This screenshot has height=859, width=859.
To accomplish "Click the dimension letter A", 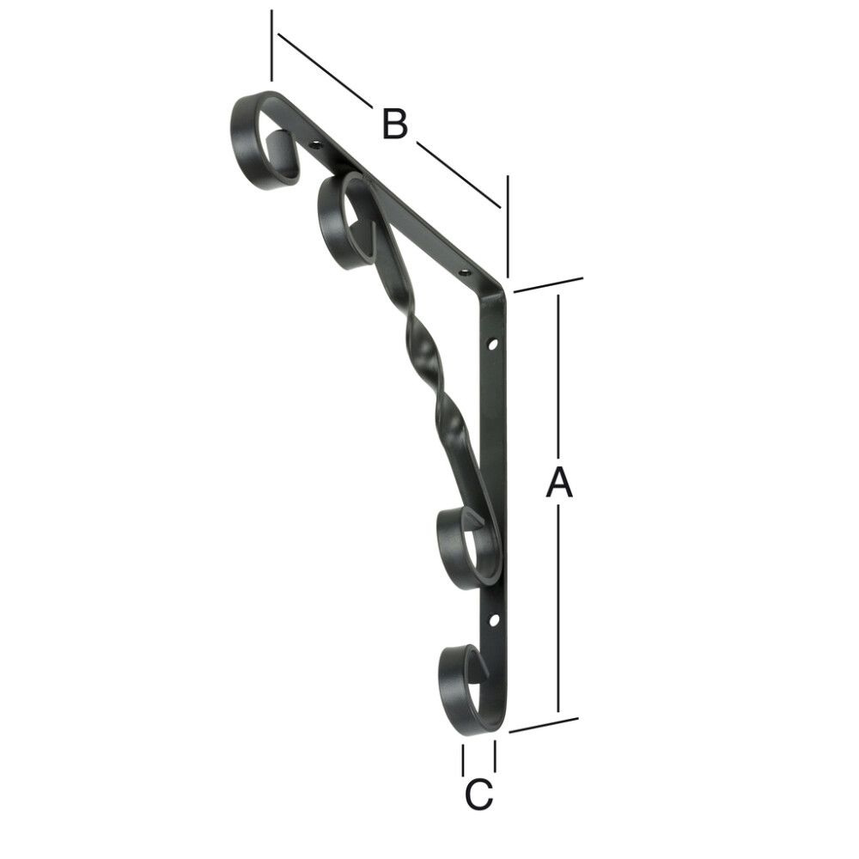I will (559, 483).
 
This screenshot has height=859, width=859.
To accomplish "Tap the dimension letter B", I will (394, 124).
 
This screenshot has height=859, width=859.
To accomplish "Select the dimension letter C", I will (478, 795).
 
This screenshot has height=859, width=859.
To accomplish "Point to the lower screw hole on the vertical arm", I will (494, 618).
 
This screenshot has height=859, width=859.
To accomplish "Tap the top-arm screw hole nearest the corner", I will (466, 272).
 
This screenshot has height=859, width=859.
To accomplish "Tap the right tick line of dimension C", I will (495, 756).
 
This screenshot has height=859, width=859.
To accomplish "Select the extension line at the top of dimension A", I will (548, 285).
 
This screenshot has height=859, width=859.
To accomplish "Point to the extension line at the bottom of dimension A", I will (543, 725).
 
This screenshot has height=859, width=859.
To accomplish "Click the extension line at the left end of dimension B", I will (271, 45).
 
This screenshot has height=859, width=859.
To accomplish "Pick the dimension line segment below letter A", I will (559, 610).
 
